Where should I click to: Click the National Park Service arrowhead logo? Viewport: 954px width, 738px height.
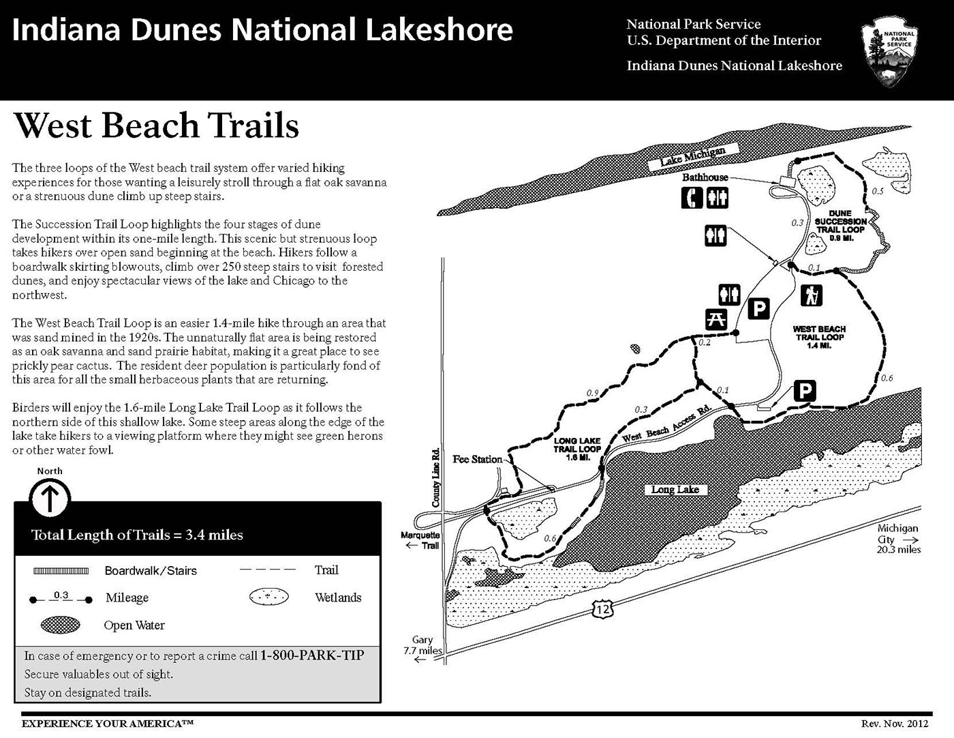point(889,50)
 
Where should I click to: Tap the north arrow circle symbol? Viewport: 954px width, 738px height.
point(50,499)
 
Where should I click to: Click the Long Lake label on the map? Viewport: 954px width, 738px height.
point(675,490)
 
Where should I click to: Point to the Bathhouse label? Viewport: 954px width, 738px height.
point(705,177)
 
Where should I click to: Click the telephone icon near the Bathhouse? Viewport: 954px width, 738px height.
point(693,198)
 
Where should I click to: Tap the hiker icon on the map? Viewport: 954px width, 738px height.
point(812,295)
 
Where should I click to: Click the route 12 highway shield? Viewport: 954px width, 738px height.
point(602,609)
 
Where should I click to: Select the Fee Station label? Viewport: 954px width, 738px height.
point(478,459)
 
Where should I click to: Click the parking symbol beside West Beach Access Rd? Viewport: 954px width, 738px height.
point(805,392)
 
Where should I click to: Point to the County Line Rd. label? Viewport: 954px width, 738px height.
point(436,477)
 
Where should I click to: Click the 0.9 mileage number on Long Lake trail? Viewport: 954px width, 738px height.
point(593,393)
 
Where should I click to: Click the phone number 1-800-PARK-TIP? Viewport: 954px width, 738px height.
point(312,655)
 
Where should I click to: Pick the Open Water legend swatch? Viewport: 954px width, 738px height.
point(61,625)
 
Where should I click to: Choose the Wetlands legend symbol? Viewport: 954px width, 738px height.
point(269,597)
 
